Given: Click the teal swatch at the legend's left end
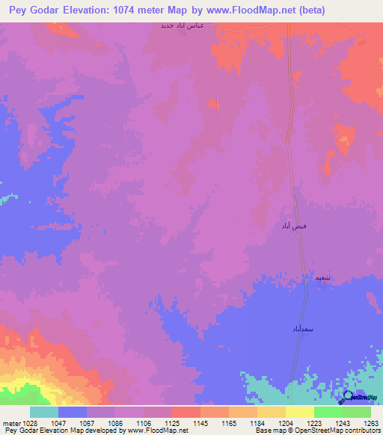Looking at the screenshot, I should (x=44, y=412).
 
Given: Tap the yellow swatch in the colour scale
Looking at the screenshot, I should (x=300, y=412).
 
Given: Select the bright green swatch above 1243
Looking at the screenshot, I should (x=328, y=412).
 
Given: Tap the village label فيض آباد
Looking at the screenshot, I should (x=294, y=226).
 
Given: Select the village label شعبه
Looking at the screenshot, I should (x=322, y=277).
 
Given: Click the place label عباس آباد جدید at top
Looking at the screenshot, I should (x=183, y=25).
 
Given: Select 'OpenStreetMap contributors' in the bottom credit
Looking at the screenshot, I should (x=346, y=431).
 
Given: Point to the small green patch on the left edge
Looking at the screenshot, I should (x=7, y=197).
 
